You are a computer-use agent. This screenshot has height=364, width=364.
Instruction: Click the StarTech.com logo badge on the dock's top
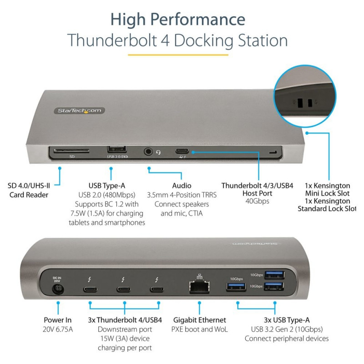click(79, 111)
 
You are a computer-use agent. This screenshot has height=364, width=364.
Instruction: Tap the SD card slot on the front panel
click(71, 151)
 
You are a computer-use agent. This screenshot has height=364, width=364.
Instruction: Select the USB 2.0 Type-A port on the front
click(117, 149)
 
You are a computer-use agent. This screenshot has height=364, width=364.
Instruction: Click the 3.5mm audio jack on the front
click(148, 152)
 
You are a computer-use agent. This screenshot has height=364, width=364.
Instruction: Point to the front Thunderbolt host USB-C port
click(182, 152)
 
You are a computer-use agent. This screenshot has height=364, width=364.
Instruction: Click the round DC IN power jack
click(58, 289)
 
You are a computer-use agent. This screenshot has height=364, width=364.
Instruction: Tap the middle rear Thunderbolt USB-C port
click(123, 289)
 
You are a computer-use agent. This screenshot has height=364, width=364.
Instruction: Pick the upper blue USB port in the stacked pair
click(274, 275)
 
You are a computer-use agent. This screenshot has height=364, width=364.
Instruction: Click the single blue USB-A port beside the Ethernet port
click(236, 287)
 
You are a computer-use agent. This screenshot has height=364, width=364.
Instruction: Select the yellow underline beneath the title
click(178, 55)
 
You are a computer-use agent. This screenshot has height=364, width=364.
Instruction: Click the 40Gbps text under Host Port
click(257, 201)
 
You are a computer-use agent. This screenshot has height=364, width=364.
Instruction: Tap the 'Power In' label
click(58, 320)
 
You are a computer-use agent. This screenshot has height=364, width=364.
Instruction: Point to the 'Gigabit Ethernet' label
click(199, 320)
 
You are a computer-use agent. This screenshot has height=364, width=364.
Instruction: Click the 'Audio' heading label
click(182, 186)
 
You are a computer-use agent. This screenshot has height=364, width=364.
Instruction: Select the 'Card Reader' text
click(29, 195)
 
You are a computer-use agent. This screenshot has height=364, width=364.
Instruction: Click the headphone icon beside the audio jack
click(158, 152)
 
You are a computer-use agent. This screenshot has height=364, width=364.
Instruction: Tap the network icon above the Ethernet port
click(199, 277)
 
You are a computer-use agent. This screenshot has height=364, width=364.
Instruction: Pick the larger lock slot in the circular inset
click(300, 103)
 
